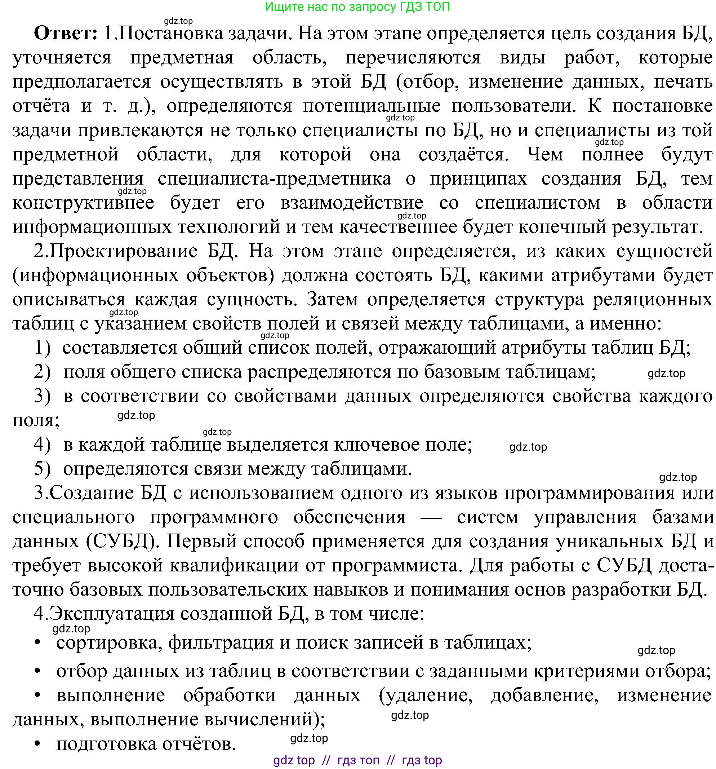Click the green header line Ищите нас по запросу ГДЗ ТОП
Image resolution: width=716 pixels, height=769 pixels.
pyautogui.click(x=357, y=6)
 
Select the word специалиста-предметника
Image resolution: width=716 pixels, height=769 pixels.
pyautogui.click(x=274, y=179)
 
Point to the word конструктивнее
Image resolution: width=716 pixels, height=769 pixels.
pyautogui.click(x=83, y=203)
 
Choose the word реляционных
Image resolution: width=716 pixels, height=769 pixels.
pyautogui.click(x=652, y=299)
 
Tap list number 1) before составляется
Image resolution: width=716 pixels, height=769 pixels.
pyautogui.click(x=43, y=348)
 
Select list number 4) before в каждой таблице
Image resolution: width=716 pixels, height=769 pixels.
pyautogui.click(x=43, y=445)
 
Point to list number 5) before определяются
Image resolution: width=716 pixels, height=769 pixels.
pyautogui.click(x=43, y=469)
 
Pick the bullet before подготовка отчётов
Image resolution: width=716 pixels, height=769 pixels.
pyautogui.click(x=37, y=744)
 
